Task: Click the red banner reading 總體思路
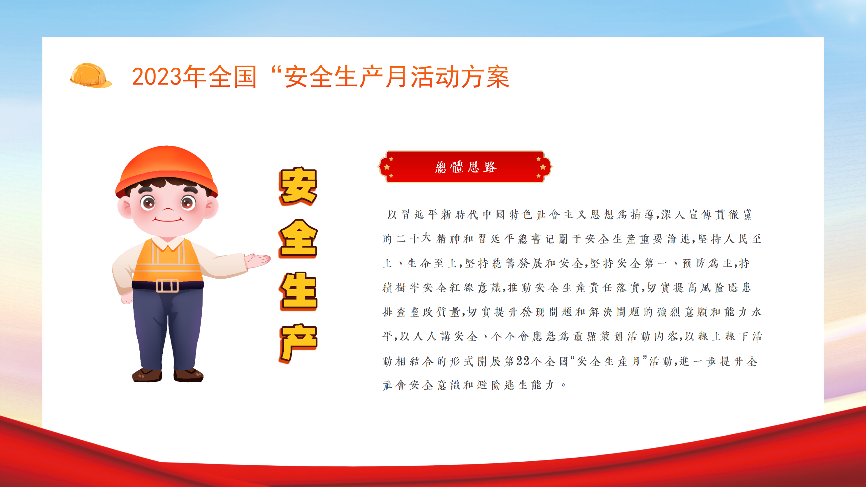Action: coord(465,167)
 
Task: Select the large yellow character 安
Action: coord(298,186)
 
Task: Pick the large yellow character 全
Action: coord(298,238)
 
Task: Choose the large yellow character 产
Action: coord(298,343)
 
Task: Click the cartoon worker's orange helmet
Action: coord(166,171)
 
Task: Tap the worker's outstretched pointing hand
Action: coord(257,260)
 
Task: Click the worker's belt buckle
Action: coord(167,286)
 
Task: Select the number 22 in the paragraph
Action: coord(523,361)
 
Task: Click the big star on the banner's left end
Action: coord(387,167)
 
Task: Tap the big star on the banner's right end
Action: coord(543,167)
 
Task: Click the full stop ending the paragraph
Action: coord(563,385)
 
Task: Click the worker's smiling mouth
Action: coord(168,220)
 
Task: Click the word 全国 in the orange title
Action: coord(232,77)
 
